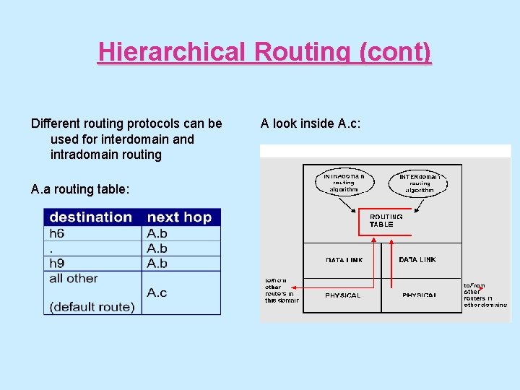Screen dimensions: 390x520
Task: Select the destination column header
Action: [x=91, y=217]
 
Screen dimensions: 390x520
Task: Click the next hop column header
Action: [x=179, y=217]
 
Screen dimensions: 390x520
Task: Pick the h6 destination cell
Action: [x=57, y=233]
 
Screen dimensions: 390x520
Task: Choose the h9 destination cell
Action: [x=57, y=263]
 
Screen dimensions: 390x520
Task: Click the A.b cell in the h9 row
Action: [x=157, y=263]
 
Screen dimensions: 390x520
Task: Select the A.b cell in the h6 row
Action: [x=157, y=233]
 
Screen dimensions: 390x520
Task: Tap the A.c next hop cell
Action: [x=157, y=292]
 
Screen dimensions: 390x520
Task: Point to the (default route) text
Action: [x=92, y=307]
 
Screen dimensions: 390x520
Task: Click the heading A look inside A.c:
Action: [x=310, y=123]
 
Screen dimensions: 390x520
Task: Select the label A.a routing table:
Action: [x=80, y=189]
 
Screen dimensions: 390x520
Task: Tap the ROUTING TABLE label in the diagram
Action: [x=386, y=220]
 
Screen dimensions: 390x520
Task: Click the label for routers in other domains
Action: [x=485, y=295]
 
